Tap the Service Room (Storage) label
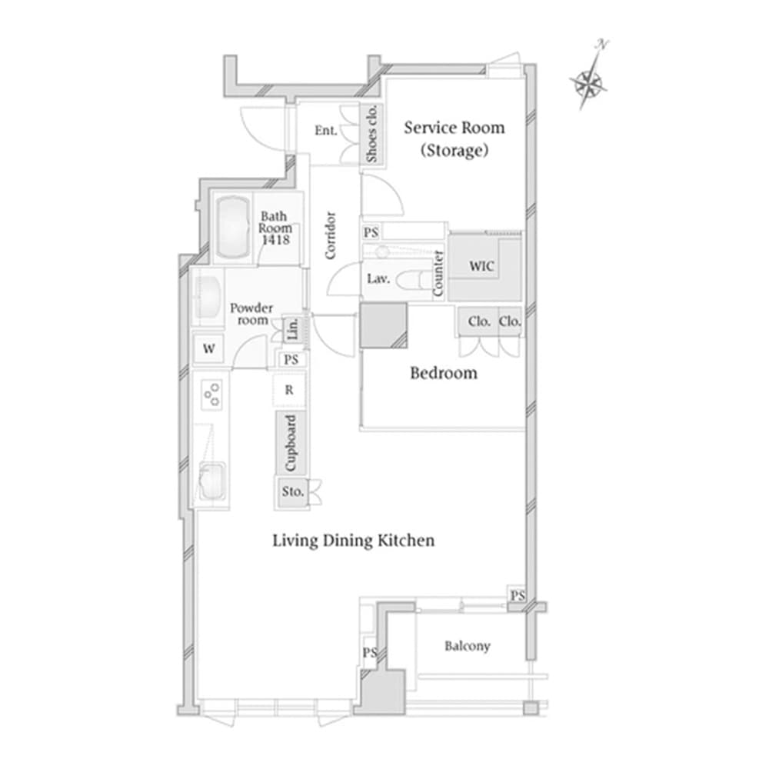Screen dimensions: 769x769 point(454,138)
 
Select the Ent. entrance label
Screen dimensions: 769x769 point(325,131)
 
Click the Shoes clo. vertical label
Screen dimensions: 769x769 point(372,134)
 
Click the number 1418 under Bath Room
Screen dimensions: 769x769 point(275,241)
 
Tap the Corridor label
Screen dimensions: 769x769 point(331,235)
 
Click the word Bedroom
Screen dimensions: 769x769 point(443,374)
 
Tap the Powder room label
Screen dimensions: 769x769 point(251,314)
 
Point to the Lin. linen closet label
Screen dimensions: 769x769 point(292,331)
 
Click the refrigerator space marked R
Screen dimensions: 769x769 point(289,390)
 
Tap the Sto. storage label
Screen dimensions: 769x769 point(293,491)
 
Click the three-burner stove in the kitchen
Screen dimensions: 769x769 point(211,394)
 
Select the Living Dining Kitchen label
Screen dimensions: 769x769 point(354,541)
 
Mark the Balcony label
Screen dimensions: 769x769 point(467,646)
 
